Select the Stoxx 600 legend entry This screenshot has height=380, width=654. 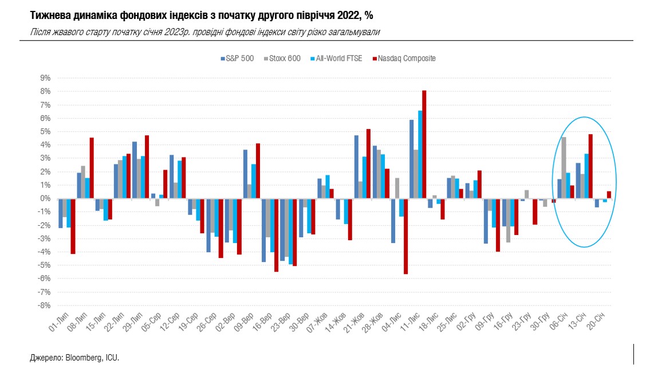pos(285,58)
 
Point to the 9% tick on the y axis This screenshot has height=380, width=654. pos(44,78)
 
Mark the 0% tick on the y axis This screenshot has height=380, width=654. pos(44,198)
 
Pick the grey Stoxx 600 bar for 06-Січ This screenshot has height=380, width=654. pos(564,167)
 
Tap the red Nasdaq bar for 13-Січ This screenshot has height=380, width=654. pos(590,166)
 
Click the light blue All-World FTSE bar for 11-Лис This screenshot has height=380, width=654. pos(420,154)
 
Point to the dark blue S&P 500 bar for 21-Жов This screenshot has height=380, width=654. pos(356,167)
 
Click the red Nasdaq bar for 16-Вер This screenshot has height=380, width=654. pos(276,235)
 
